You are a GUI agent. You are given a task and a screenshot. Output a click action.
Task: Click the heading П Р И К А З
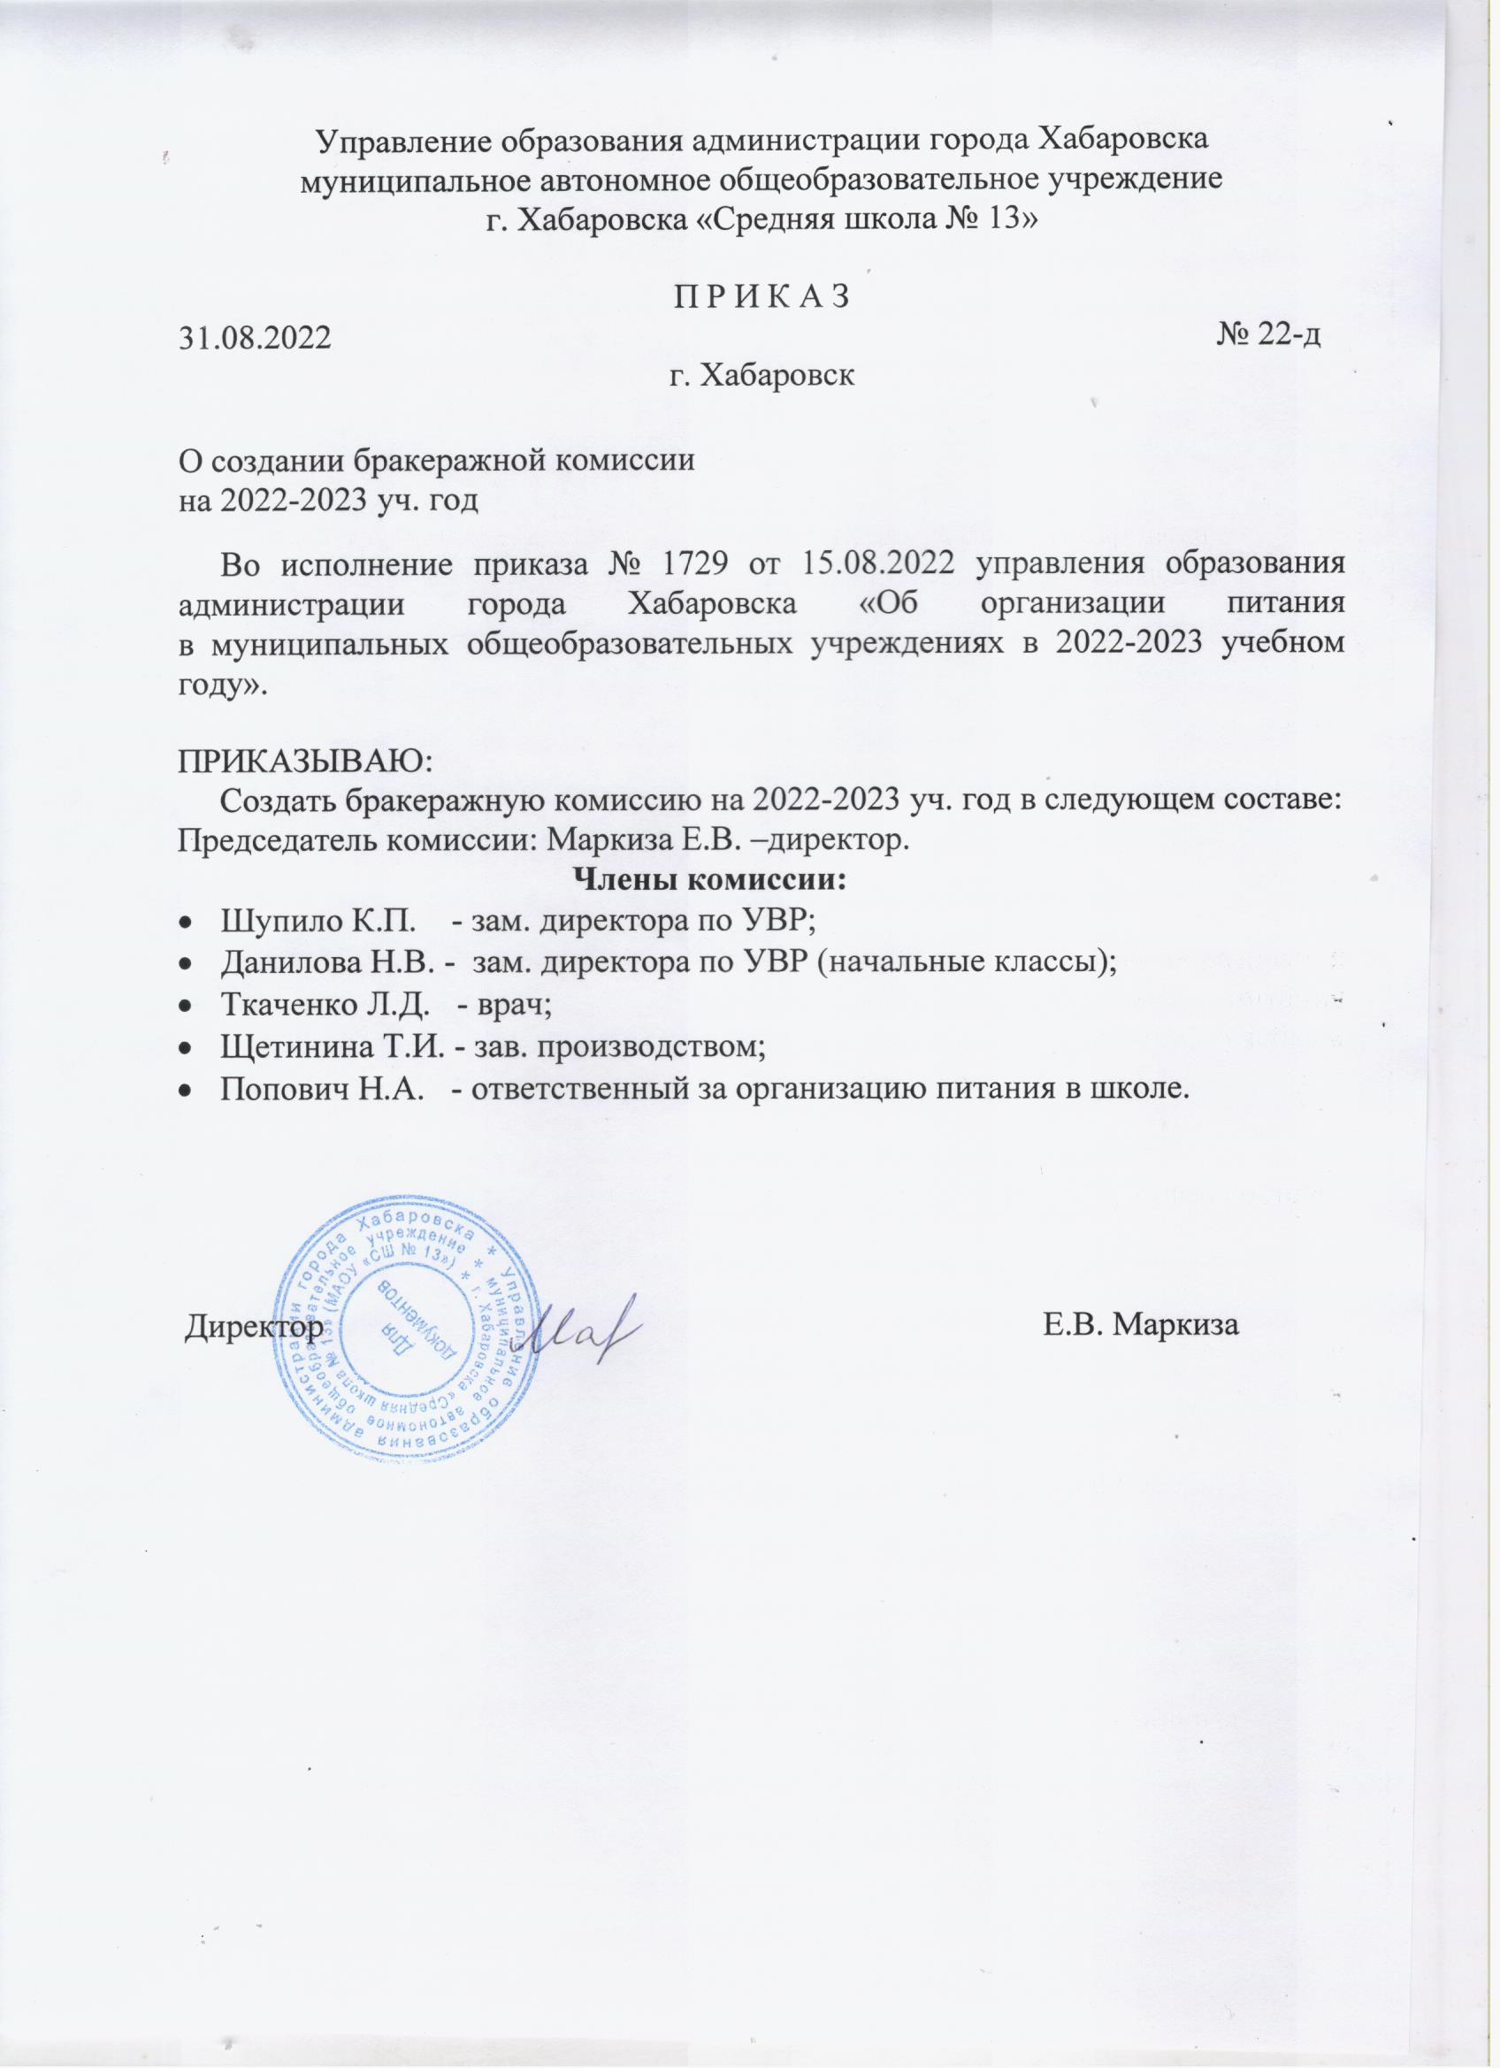point(761,296)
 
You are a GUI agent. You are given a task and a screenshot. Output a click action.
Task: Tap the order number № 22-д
point(1269,335)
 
